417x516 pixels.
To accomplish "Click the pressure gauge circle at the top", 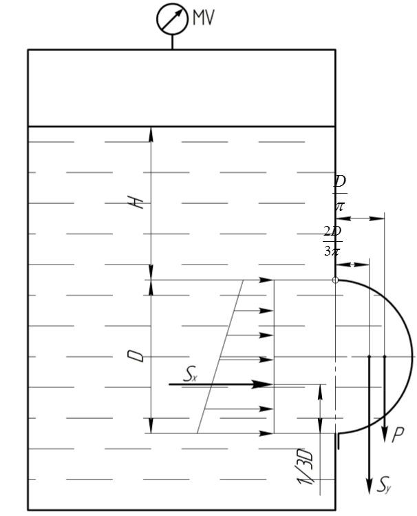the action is pos(172,19).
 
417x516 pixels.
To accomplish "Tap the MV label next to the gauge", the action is pos(203,18).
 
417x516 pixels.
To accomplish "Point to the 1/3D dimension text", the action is pos(307,475).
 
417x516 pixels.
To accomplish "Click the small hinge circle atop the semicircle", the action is pos(335,280).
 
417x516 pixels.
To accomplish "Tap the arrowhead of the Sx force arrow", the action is pos(268,384).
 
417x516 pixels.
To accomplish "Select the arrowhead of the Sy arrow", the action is pos(370,483).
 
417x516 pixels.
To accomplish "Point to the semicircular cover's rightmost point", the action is pos(412,357).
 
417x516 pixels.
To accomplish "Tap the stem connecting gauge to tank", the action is pos(172,42).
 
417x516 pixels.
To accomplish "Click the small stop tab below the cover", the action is pos(338,441).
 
